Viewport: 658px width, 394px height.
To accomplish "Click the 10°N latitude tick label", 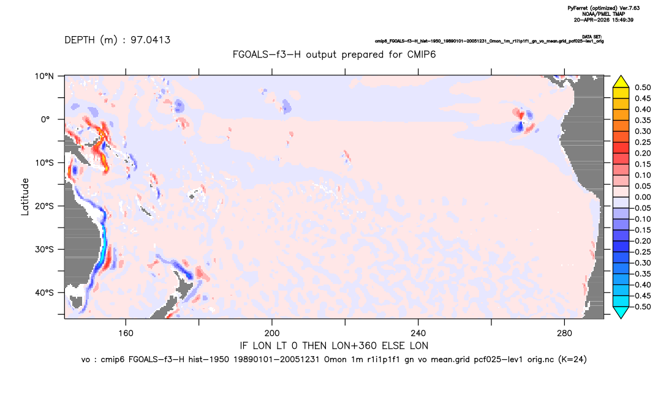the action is [44, 76].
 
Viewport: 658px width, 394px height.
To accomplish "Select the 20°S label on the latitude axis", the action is [44, 206].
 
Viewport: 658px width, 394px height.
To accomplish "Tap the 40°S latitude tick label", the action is [44, 292].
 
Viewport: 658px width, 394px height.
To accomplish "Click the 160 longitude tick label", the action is [126, 333].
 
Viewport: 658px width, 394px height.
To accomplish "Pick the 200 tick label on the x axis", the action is [272, 333].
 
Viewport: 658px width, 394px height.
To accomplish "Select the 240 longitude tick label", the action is [418, 333].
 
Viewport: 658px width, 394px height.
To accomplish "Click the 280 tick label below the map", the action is [564, 333].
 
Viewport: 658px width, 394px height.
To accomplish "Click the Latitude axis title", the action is [25, 197].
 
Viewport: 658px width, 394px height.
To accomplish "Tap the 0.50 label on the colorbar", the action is [643, 87].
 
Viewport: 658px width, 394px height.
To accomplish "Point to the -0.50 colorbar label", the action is [641, 307].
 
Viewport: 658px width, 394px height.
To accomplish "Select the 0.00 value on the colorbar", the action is [643, 197].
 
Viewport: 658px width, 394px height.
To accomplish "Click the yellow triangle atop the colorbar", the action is [621, 82].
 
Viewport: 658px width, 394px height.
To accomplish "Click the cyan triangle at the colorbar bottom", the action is [621, 312].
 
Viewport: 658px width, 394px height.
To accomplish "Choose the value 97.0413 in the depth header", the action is [150, 40].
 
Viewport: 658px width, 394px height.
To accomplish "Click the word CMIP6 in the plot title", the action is [422, 54].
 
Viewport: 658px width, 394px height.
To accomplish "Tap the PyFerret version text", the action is [603, 9].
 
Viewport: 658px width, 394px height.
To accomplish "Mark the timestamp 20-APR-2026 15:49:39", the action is [603, 20].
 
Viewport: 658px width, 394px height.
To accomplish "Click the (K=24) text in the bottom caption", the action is [572, 359].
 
